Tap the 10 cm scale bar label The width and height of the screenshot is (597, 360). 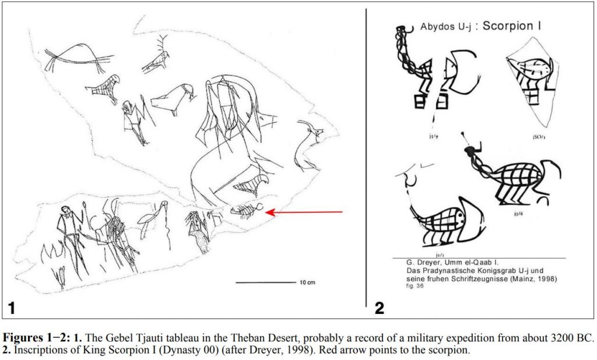click(x=308, y=282)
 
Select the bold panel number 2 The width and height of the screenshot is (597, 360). click(x=379, y=307)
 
